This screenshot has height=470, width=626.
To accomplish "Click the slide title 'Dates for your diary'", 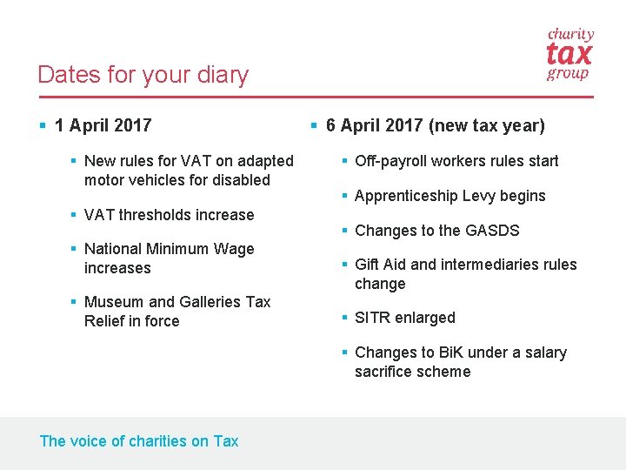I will point(143,75).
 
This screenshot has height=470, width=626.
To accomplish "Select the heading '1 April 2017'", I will point(103,125).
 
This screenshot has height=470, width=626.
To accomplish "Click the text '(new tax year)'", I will point(487,125).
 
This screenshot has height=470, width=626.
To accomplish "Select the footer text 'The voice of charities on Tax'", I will point(139,441).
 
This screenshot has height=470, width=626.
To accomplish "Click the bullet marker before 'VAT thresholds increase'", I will point(75,215).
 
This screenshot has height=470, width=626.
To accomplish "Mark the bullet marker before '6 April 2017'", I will point(315,125).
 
